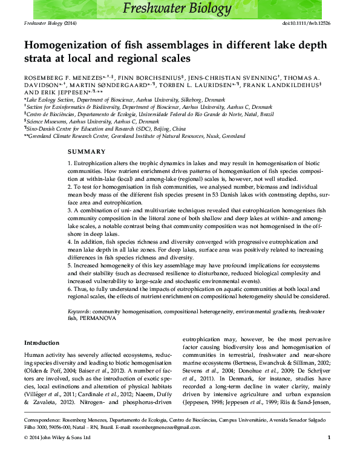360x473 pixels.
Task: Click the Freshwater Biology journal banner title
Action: click(x=177, y=8)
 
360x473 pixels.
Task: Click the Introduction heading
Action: click(x=42, y=343)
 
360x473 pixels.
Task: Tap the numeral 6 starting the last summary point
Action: click(x=69, y=289)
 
